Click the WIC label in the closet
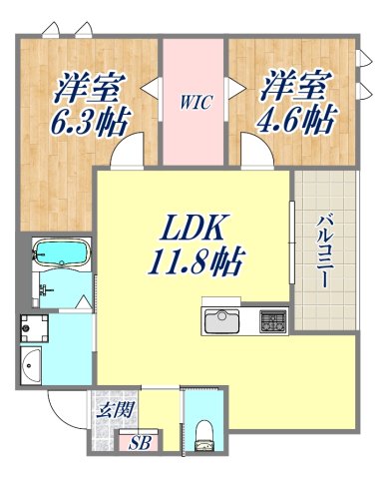click(x=194, y=100)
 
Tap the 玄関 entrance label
click(x=109, y=406)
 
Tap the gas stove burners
click(x=273, y=321)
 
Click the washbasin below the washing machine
click(x=30, y=363)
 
